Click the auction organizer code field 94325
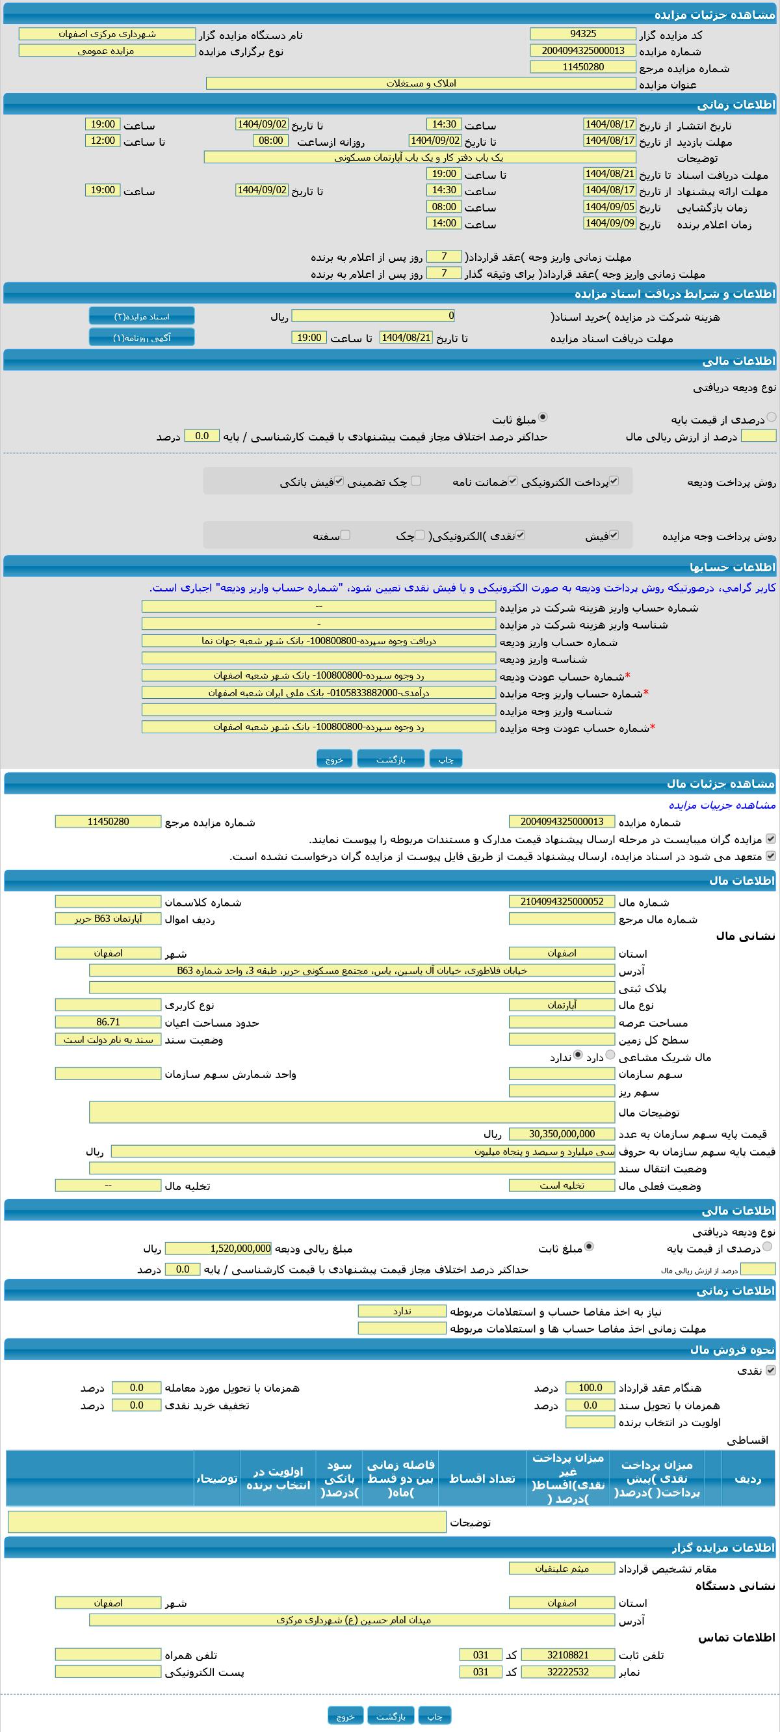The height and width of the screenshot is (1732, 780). [x=582, y=34]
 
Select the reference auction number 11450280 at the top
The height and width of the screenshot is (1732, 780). [x=582, y=67]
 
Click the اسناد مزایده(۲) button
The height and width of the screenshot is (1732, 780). [x=142, y=316]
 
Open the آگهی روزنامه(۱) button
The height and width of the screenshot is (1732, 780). [x=142, y=338]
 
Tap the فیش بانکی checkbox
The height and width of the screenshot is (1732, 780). [x=339, y=481]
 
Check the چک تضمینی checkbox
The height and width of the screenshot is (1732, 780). [x=416, y=481]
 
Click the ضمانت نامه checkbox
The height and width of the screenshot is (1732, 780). [x=513, y=481]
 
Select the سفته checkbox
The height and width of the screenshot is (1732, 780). [x=345, y=535]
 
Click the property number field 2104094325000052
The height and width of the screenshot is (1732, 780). [x=562, y=902]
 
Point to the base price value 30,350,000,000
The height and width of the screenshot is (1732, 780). [x=562, y=1133]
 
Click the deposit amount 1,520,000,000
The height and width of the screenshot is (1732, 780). [x=218, y=1249]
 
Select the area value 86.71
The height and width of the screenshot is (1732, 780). [x=108, y=1022]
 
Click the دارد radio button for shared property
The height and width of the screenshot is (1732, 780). [x=610, y=1055]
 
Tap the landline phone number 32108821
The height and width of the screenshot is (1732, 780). [x=567, y=1655]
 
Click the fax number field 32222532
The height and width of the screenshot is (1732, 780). [x=567, y=1672]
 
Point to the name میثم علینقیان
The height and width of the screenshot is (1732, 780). [x=562, y=1569]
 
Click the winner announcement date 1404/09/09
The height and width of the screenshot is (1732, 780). [x=609, y=223]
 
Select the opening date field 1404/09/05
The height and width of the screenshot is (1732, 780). [x=609, y=207]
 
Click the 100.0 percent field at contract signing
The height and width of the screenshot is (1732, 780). [x=590, y=1388]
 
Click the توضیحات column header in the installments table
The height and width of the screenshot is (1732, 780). [x=216, y=1478]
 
